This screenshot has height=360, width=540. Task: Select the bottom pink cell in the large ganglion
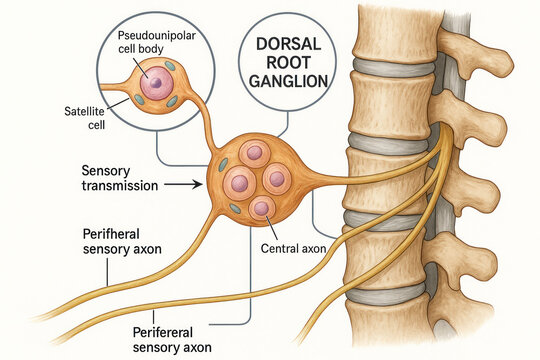pos(262,208)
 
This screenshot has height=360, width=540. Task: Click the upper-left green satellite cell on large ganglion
pos(223,164)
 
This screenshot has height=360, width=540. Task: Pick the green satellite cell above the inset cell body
pos(168,67)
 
